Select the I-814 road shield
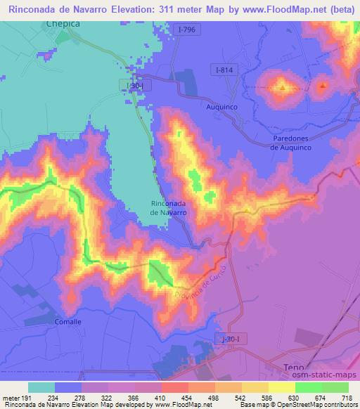[x=224, y=70]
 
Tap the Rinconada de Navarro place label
[x=169, y=207]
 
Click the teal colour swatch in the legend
[x=41, y=387]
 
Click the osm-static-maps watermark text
[x=327, y=375]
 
